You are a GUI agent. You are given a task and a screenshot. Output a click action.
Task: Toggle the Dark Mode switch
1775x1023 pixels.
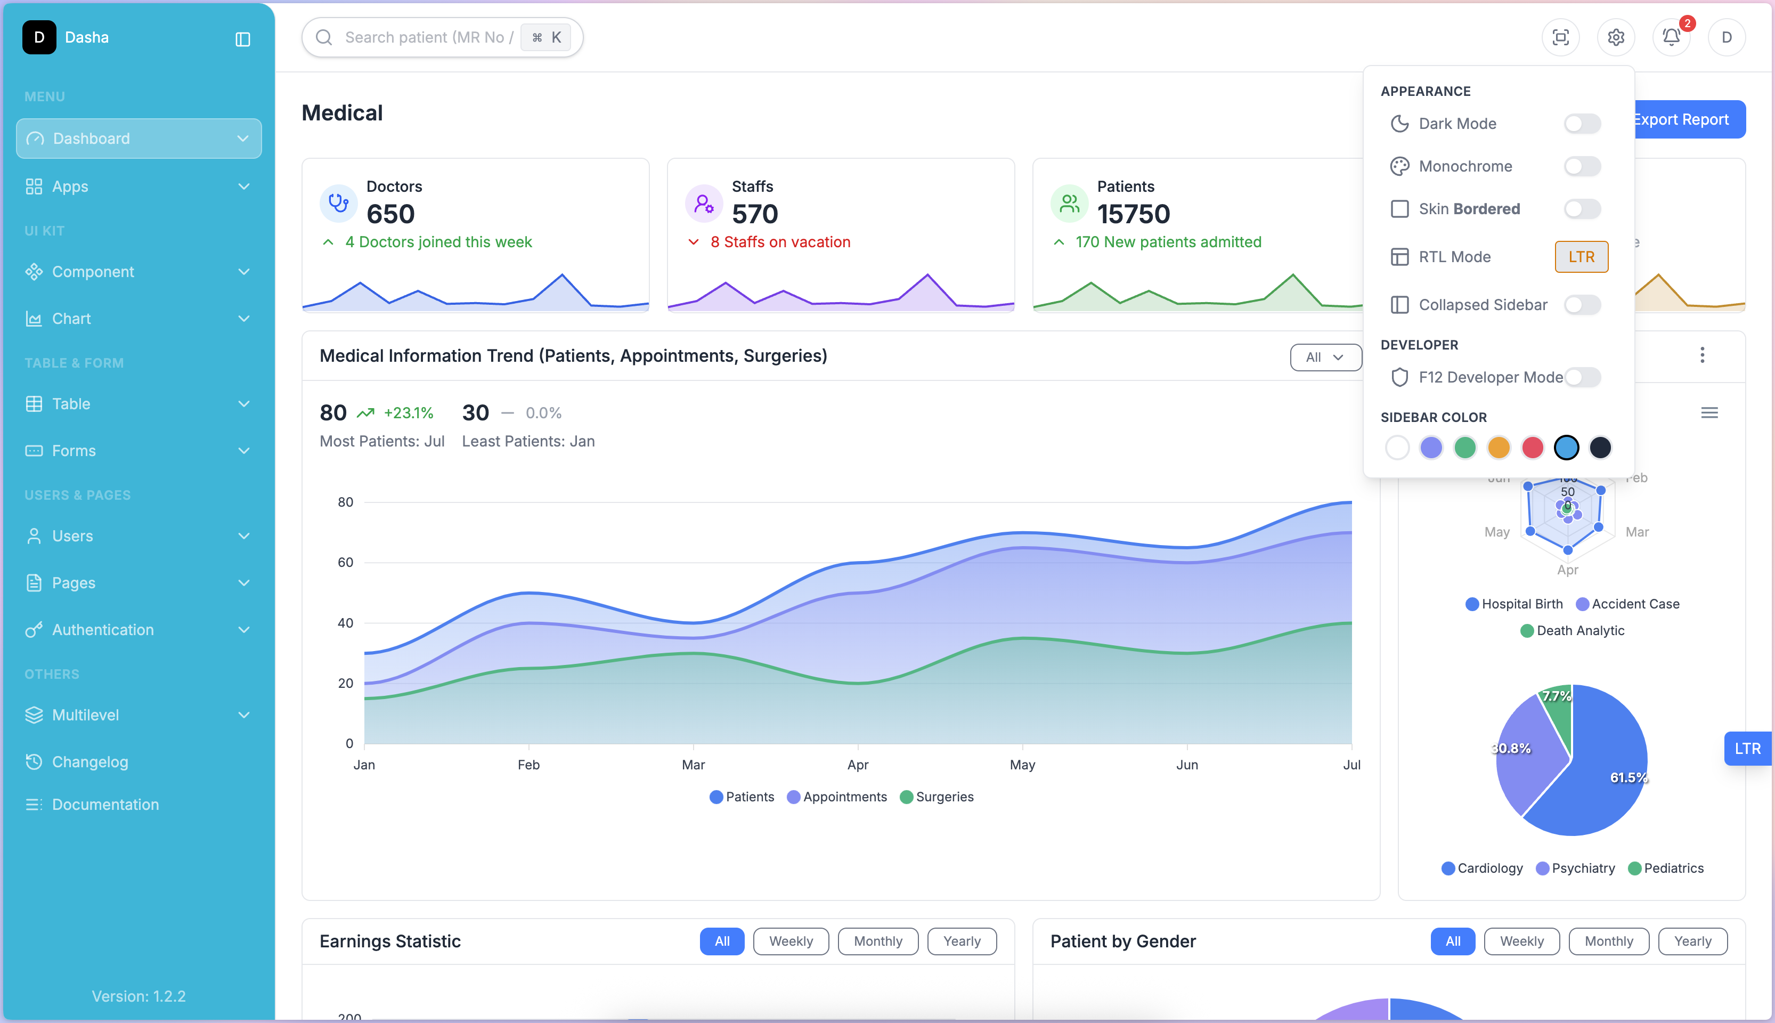(1582, 124)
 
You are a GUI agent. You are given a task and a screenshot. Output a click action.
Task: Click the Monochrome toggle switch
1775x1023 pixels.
(1582, 167)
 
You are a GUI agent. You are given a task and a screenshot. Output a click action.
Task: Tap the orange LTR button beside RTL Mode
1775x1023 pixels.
(1581, 257)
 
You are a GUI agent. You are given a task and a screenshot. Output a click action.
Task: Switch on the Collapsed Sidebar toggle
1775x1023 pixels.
(1582, 305)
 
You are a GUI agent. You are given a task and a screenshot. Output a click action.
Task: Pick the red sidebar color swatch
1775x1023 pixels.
(1532, 448)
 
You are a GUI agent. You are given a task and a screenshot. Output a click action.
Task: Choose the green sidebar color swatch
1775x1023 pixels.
(1464, 448)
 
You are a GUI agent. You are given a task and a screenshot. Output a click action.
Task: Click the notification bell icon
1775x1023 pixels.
(1671, 37)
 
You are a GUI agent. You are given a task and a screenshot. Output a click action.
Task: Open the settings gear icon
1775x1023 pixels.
(1616, 37)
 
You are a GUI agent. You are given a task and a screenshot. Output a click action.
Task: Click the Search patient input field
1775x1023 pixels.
(428, 37)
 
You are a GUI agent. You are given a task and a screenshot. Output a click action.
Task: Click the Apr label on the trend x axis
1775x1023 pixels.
(858, 765)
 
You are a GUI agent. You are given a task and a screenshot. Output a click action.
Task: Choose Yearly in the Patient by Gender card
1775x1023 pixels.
(1692, 941)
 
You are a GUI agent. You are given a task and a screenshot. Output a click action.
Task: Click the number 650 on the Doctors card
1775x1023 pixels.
(390, 214)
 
